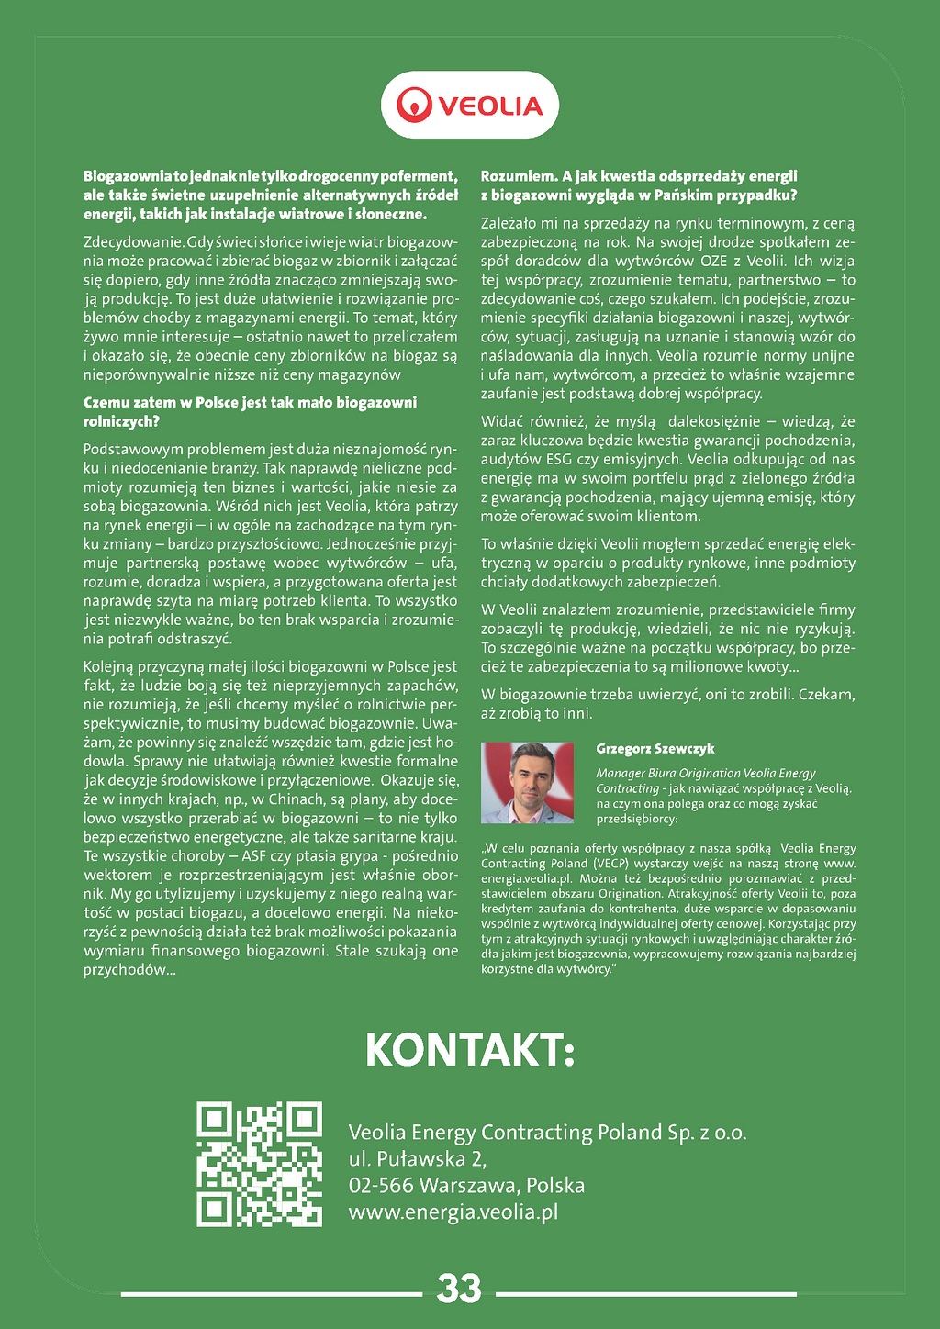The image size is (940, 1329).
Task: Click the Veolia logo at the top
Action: point(470,105)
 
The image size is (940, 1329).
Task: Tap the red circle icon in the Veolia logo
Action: point(414,105)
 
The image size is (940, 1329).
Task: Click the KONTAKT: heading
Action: point(470,1050)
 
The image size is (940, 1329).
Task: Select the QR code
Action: point(260,1164)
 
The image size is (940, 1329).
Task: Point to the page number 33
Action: point(459,1288)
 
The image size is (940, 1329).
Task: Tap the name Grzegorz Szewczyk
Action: point(655,749)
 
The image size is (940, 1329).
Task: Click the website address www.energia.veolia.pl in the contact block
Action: point(453,1212)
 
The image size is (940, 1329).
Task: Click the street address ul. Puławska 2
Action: point(418,1158)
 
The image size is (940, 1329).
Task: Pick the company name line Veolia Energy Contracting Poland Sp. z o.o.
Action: point(547,1132)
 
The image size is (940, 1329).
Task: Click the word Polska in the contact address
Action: point(555,1185)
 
